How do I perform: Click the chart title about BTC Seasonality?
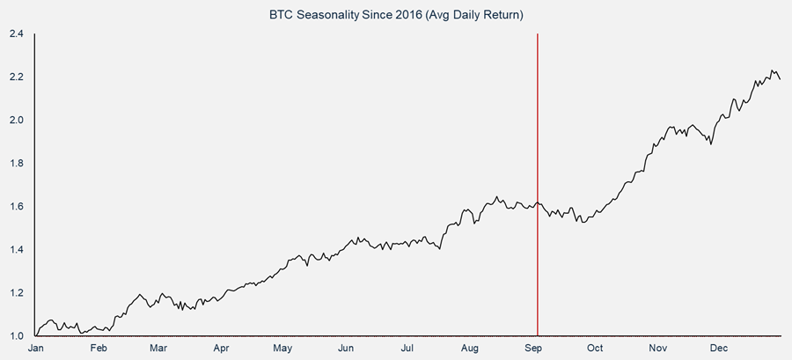(x=395, y=15)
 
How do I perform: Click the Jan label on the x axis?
(x=36, y=349)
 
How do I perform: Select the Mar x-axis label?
(x=158, y=349)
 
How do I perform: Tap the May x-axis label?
(x=282, y=349)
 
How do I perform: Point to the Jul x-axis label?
(x=408, y=349)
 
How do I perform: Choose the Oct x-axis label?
(x=596, y=349)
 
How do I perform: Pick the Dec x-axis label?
(x=721, y=349)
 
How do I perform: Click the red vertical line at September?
(x=537, y=132)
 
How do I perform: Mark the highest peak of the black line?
(x=772, y=70)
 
